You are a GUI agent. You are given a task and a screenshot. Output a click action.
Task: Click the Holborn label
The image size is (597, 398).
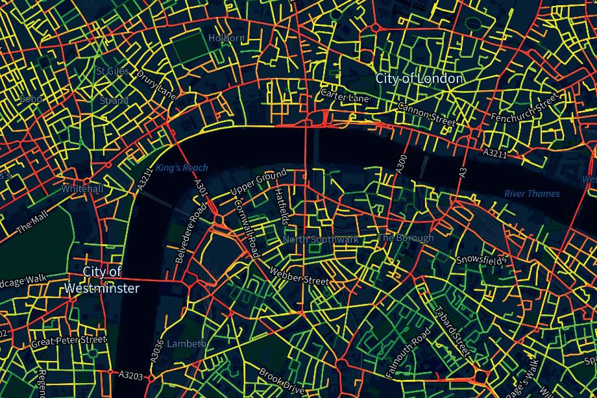pos(226,38)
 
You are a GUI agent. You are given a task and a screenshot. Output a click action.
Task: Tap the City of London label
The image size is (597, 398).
pos(419,79)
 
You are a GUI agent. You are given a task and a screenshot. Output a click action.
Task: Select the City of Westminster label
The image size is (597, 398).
pos(102,279)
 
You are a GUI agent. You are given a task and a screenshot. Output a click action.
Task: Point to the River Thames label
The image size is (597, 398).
pos(532,193)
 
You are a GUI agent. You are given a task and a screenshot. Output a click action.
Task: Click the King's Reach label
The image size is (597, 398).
pos(182,168)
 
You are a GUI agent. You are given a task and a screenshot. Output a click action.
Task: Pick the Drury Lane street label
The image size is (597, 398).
pos(156,84)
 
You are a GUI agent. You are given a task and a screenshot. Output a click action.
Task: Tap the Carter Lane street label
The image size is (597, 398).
pos(345,97)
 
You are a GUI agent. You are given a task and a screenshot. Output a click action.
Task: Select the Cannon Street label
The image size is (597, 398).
pos(426,114)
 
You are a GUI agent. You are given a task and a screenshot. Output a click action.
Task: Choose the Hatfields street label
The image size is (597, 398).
pos(280,206)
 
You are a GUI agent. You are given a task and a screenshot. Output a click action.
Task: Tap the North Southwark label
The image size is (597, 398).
pos(321,240)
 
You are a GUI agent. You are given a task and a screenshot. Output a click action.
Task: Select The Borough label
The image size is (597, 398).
pos(406,238)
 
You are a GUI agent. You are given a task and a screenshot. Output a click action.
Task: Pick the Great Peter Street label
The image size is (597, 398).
pos(69,340)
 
